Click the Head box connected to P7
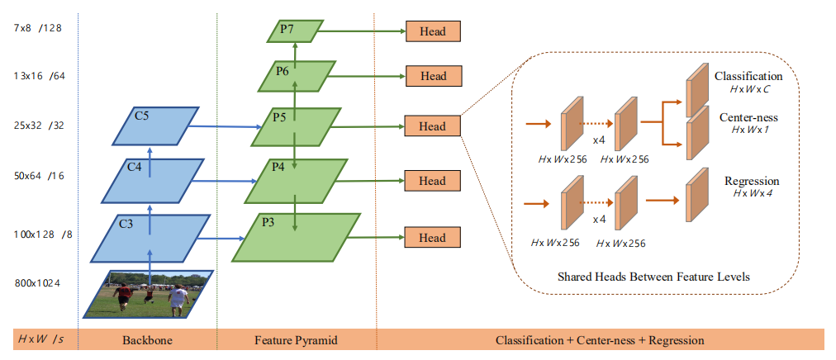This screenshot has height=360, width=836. [x=433, y=31]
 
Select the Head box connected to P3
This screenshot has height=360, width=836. [x=433, y=238]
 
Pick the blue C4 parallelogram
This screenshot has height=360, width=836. [x=150, y=180]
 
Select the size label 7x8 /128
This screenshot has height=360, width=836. [x=38, y=27]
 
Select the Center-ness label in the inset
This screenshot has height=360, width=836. [x=748, y=117]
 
